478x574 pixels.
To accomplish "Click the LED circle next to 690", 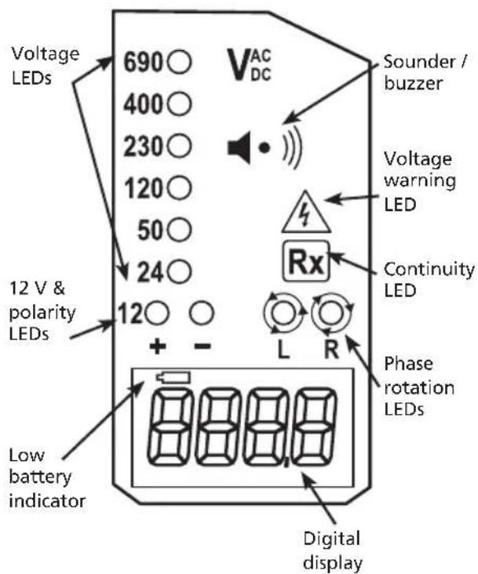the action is [179, 62].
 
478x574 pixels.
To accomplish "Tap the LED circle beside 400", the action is [179, 104].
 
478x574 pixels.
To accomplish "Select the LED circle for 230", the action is [179, 146].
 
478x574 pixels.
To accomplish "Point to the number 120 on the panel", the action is [144, 189].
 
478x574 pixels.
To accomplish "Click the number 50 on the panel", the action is [150, 231].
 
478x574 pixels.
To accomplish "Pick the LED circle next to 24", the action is [179, 272].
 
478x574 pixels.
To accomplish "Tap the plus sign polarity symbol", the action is [158, 346].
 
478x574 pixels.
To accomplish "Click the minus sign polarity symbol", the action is [202, 346].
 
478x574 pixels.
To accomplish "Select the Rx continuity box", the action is [306, 261].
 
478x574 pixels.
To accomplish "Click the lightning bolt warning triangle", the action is [306, 213].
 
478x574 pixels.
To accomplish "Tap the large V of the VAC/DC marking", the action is [238, 64].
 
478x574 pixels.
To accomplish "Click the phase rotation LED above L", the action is [284, 313].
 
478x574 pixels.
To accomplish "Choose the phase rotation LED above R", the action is [332, 313].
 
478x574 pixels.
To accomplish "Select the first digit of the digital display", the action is [170, 427].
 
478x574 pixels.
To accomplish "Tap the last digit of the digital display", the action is [314, 427].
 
